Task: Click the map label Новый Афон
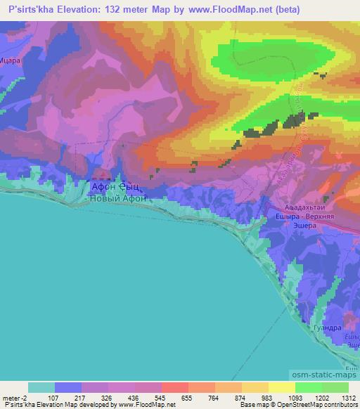click(118, 199)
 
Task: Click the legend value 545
click(161, 398)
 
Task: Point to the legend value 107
click(53, 398)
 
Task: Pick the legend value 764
click(214, 398)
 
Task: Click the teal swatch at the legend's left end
click(41, 387)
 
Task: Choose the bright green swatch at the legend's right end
click(335, 387)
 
